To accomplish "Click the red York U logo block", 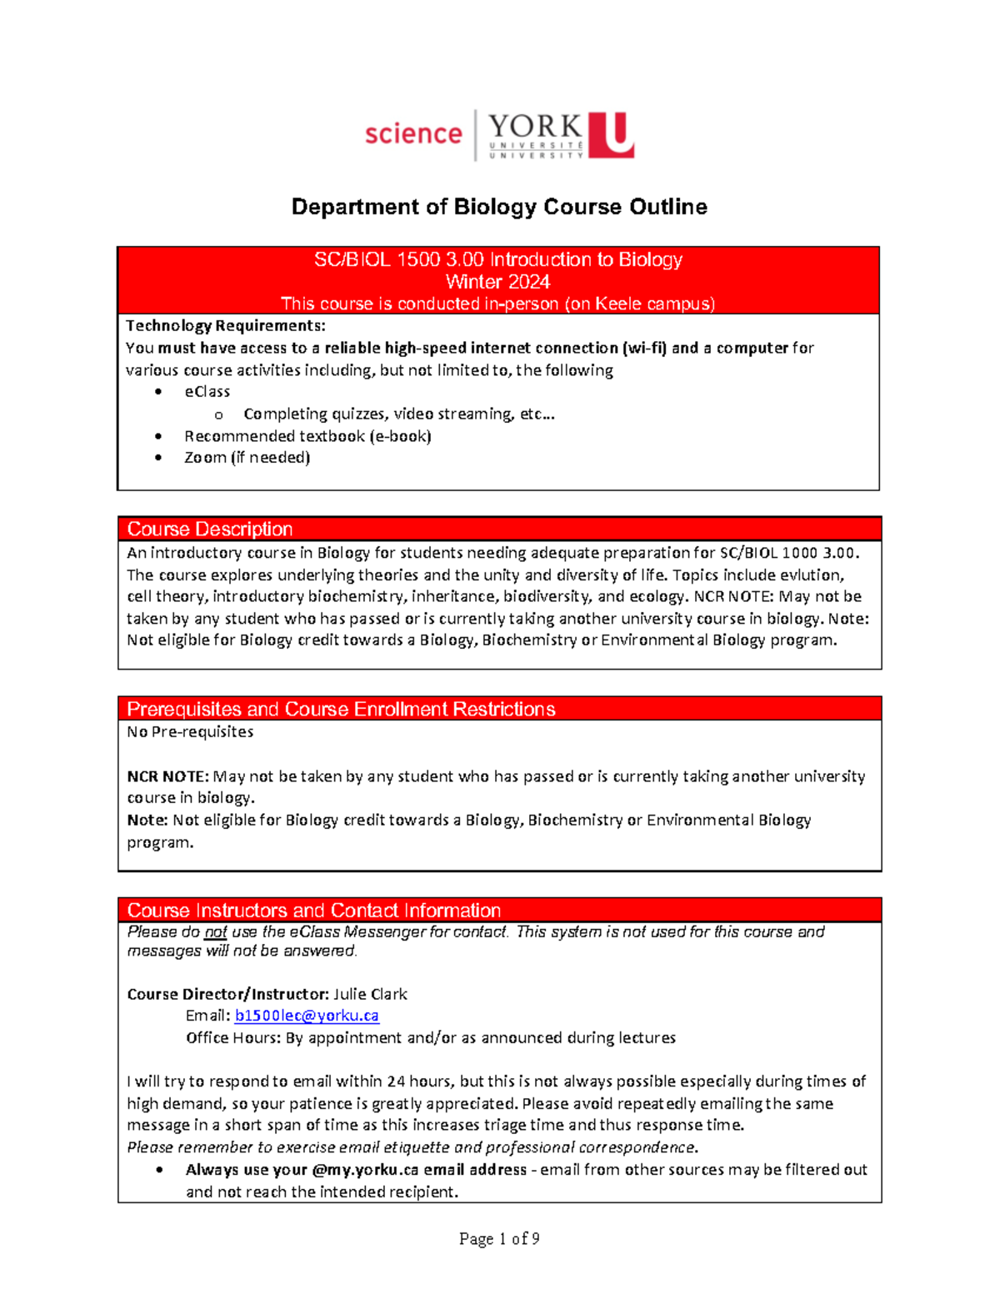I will [x=611, y=135].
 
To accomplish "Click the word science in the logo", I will [x=413, y=133].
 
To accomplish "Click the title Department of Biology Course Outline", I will [x=499, y=207].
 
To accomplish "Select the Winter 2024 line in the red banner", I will [x=497, y=282].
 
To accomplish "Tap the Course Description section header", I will [x=210, y=530].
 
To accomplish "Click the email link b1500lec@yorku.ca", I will [x=307, y=1016].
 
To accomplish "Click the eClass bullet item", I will [x=207, y=392].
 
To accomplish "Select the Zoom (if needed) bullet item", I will [x=247, y=458].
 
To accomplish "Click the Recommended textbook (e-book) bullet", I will [x=307, y=436].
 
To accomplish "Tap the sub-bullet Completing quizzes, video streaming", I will [x=398, y=414].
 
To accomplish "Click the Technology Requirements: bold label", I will [x=225, y=326].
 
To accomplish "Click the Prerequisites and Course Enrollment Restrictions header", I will [x=341, y=710].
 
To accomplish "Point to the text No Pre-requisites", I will [x=190, y=732].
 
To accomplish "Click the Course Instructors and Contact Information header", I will [x=314, y=911].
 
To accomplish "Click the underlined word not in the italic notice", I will [x=216, y=932].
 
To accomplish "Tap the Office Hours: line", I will [x=430, y=1038].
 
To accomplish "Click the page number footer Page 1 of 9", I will [x=499, y=1239].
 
